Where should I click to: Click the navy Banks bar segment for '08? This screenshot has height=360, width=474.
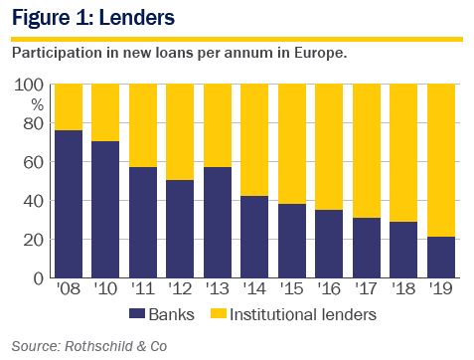[69, 204]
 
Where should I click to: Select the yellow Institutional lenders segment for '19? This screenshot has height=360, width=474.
[441, 160]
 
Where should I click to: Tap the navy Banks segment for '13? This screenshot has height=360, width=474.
[218, 223]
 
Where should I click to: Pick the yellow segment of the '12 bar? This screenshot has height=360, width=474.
[180, 132]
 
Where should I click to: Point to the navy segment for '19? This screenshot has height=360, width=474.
[441, 258]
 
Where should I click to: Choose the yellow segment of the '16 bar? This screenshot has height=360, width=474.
[329, 147]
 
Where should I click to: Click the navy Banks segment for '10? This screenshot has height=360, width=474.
[105, 210]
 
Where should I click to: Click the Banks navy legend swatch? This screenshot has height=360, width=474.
[137, 313]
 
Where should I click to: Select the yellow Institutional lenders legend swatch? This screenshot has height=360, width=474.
[219, 313]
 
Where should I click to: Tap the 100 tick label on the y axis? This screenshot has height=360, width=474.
[29, 86]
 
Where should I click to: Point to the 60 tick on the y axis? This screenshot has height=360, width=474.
[34, 162]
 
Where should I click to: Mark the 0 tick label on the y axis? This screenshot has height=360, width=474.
[39, 278]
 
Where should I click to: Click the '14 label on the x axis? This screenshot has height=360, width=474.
[254, 288]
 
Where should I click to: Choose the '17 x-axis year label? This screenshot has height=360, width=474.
[367, 288]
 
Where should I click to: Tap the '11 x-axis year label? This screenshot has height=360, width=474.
[143, 288]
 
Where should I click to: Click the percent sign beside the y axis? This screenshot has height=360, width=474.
[38, 105]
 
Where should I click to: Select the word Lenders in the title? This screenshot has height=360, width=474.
[137, 17]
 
